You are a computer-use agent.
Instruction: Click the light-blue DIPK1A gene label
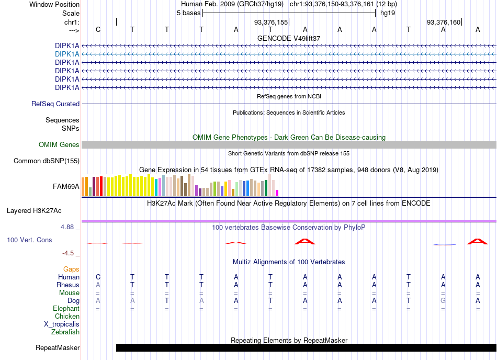coord(67,54)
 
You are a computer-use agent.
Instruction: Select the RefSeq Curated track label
coord(55,104)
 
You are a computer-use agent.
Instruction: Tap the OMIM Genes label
coord(59,145)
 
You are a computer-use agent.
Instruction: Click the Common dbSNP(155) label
coord(46,161)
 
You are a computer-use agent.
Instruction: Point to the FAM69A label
coord(66,187)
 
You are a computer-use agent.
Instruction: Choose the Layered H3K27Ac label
coord(34,211)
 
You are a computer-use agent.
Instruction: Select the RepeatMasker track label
coord(58,348)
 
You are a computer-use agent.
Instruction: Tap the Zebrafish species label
coord(65,332)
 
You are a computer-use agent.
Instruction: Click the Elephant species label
coord(66,309)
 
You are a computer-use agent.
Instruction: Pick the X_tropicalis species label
coord(62,324)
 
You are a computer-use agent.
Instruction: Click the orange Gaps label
coord(71,269)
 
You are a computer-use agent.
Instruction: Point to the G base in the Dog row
coord(443,300)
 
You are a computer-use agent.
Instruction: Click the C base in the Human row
coord(98,277)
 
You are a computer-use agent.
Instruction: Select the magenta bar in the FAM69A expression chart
coord(277,193)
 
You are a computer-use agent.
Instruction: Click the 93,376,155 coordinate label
coord(271,22)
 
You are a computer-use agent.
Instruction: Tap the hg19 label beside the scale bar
coord(388,13)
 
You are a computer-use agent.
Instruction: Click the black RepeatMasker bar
coord(306,347)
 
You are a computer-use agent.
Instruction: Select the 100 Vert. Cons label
coord(29,240)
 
